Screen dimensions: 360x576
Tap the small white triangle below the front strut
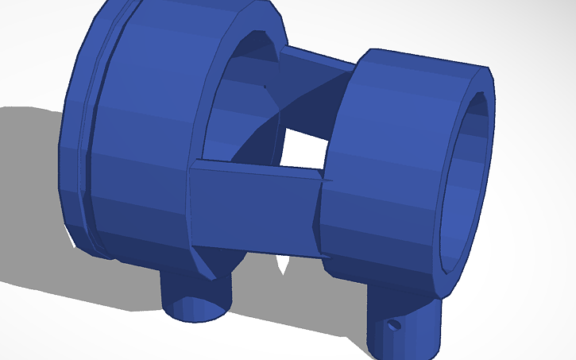[282, 265]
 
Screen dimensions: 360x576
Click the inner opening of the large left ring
[238, 103]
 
